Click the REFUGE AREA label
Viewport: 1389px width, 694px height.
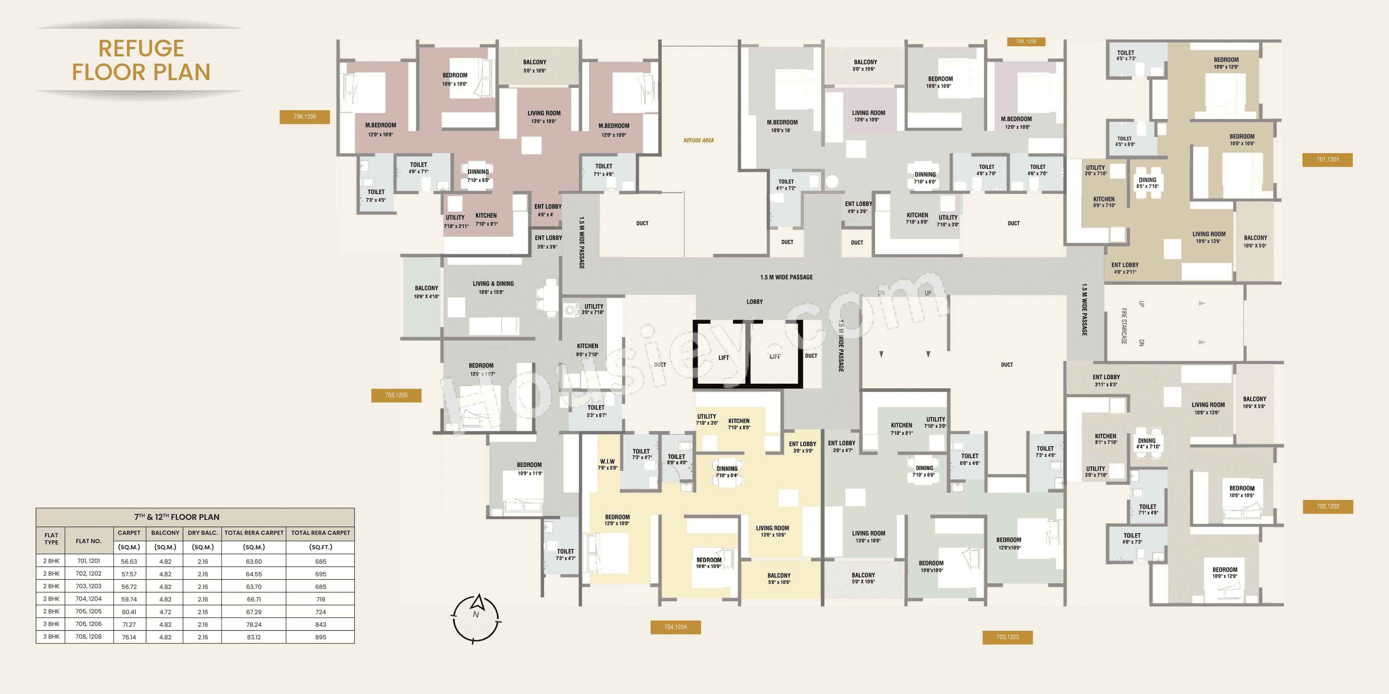click(698, 141)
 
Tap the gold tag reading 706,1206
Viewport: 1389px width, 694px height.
click(305, 117)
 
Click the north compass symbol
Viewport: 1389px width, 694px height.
click(476, 618)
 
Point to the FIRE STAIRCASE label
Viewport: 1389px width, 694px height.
click(1124, 326)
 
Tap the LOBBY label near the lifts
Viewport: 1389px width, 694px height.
click(754, 302)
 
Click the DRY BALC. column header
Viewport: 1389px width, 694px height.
click(202, 533)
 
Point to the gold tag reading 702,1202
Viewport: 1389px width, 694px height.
click(1328, 506)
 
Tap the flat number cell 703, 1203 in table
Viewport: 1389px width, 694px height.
click(88, 586)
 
